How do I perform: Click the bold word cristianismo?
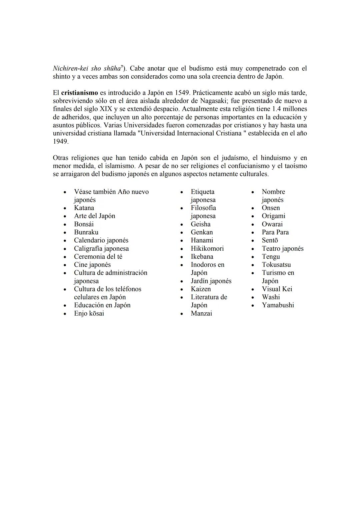click(x=79, y=93)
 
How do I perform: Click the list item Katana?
click(x=84, y=208)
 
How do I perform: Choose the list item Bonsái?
click(x=84, y=224)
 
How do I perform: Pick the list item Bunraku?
click(x=86, y=232)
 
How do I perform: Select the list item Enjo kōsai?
click(x=89, y=313)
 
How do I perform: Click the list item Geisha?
click(x=200, y=224)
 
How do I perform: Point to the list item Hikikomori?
click(x=207, y=248)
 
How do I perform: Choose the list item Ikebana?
click(x=202, y=257)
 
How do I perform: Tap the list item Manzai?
click(x=201, y=313)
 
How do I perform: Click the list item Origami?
click(x=273, y=216)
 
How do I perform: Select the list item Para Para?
click(x=275, y=232)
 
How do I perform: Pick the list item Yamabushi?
click(x=278, y=305)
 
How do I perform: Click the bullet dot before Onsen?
click(x=253, y=208)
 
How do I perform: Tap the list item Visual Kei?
click(x=277, y=289)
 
